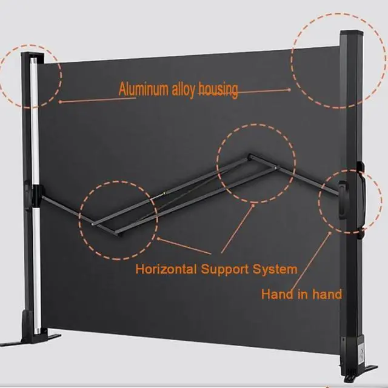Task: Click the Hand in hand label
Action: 301,295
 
